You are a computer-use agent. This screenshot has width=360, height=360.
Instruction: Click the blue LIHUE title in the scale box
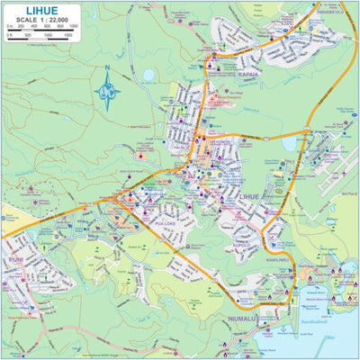[x=42, y=10]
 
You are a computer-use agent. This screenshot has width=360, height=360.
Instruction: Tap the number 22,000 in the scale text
[x=60, y=20]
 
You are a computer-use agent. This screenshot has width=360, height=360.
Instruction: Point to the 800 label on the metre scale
[x=60, y=27]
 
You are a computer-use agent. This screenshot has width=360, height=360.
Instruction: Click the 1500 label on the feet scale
[x=69, y=35]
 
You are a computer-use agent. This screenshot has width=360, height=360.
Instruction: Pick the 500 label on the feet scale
[x=27, y=35]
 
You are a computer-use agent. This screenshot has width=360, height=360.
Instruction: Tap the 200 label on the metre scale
[x=22, y=27]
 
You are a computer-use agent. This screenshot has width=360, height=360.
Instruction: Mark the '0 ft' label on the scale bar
[x=9, y=35]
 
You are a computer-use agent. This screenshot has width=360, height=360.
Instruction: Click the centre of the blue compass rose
[x=107, y=91]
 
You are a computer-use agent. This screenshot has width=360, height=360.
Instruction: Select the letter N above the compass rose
[x=106, y=68]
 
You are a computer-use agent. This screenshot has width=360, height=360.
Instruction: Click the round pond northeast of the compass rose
[x=147, y=75]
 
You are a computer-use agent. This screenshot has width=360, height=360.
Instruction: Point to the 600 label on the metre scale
[x=47, y=27]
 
